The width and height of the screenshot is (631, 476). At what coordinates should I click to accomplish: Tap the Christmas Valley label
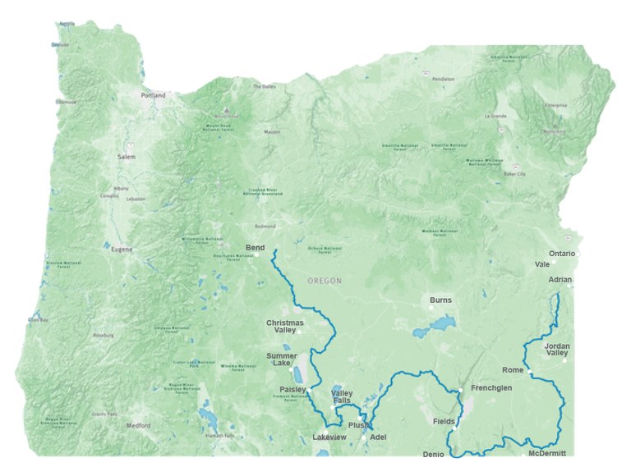point(284,326)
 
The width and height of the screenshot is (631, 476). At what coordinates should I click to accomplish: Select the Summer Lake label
point(282,359)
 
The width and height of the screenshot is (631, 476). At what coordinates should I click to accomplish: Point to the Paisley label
point(292,389)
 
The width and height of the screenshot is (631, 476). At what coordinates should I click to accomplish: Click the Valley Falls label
point(342,397)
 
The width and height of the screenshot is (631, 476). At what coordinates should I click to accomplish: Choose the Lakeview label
point(332,437)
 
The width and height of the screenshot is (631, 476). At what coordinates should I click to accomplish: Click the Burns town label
point(440,300)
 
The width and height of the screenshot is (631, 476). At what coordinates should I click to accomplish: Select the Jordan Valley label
point(557,350)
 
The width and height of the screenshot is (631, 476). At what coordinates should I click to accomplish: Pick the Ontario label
point(562,254)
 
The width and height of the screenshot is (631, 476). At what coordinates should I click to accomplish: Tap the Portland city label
point(153,95)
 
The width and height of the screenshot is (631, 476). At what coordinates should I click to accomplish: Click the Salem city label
point(126,156)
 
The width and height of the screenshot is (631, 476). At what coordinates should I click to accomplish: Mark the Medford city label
point(138,426)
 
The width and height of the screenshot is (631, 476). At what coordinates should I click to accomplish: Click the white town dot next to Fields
point(454,428)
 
